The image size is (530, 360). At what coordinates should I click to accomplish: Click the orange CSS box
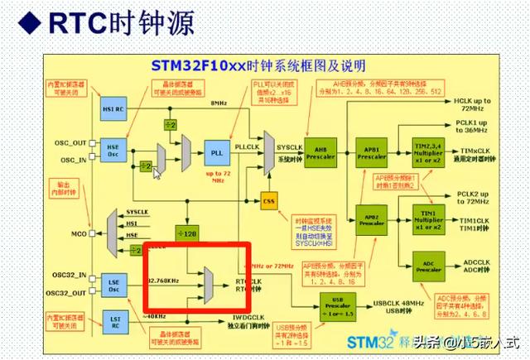(267, 200)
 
